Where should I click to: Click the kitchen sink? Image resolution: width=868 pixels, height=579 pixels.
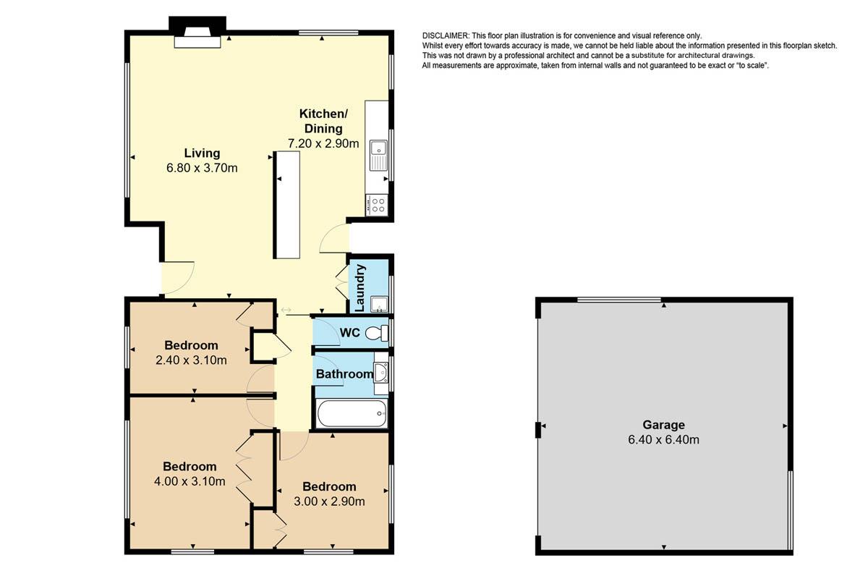(378, 155)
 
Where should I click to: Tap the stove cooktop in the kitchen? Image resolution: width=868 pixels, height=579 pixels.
(377, 205)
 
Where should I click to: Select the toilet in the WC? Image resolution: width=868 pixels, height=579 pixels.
(377, 333)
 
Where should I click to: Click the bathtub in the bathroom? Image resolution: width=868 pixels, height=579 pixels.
(352, 413)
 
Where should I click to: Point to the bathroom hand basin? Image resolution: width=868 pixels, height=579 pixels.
(380, 372)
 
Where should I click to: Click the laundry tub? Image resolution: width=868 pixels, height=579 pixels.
(379, 305)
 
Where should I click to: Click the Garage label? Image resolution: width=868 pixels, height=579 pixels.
(663, 425)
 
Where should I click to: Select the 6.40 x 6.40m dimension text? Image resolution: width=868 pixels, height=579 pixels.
(663, 440)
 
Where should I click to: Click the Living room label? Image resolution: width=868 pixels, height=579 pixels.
(202, 153)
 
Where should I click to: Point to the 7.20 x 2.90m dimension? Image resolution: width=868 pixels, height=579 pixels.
(323, 143)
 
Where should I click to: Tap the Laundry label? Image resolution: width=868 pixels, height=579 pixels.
(360, 288)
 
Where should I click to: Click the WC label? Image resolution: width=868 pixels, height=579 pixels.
(349, 333)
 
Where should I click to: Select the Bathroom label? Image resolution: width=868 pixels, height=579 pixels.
(344, 374)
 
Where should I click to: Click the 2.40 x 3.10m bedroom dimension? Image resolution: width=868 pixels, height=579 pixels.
(191, 360)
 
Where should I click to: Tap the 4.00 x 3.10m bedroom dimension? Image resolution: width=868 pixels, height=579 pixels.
(190, 481)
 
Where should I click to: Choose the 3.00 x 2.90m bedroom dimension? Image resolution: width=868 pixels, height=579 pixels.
(329, 502)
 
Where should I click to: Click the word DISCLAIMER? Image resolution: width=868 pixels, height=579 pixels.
(446, 35)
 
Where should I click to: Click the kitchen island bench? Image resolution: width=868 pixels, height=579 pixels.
(286, 205)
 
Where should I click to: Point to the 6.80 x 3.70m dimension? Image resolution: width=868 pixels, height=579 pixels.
(202, 168)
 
